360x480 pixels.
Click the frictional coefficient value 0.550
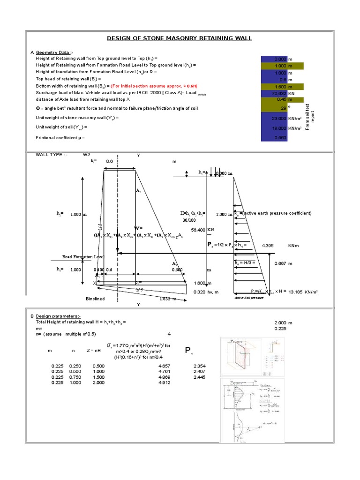(x=279, y=138)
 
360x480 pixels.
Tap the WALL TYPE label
(x=52, y=154)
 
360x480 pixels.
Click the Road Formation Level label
(x=83, y=257)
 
